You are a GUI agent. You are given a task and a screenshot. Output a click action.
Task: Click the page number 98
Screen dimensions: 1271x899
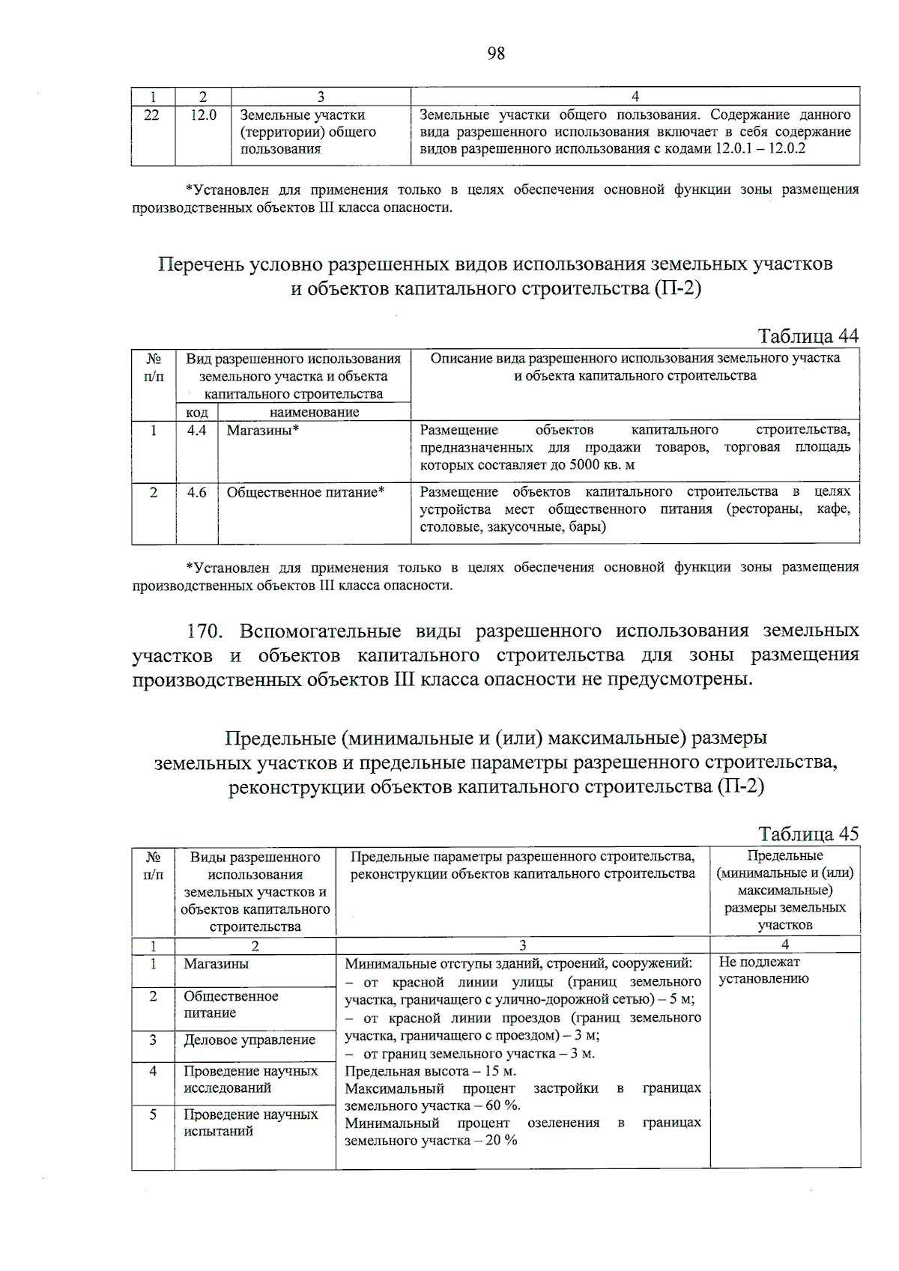point(496,53)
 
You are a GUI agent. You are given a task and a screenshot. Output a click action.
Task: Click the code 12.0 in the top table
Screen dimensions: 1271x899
point(203,115)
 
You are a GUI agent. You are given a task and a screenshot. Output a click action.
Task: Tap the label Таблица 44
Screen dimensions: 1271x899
point(808,336)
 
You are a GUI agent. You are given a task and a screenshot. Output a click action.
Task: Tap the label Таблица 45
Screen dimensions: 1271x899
point(808,834)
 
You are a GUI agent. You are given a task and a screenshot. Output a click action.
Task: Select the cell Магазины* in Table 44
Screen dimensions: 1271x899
point(263,431)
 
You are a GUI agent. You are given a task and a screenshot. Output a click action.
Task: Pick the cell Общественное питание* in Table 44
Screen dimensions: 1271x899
point(306,493)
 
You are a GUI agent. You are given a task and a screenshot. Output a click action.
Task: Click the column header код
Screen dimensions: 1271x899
point(196,412)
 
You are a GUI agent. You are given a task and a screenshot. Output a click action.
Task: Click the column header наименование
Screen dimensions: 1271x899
point(314,412)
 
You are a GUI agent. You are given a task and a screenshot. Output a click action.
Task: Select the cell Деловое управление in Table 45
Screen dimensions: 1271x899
point(249,1040)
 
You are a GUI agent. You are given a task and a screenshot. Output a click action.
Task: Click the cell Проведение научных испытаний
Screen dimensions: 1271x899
point(251,1123)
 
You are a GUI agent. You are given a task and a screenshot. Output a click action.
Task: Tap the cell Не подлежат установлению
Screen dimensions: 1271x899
point(763,970)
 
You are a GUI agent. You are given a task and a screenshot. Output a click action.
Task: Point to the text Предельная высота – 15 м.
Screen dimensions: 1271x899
point(430,1071)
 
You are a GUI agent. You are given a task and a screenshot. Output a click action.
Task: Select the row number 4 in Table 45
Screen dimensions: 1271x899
point(153,1071)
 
